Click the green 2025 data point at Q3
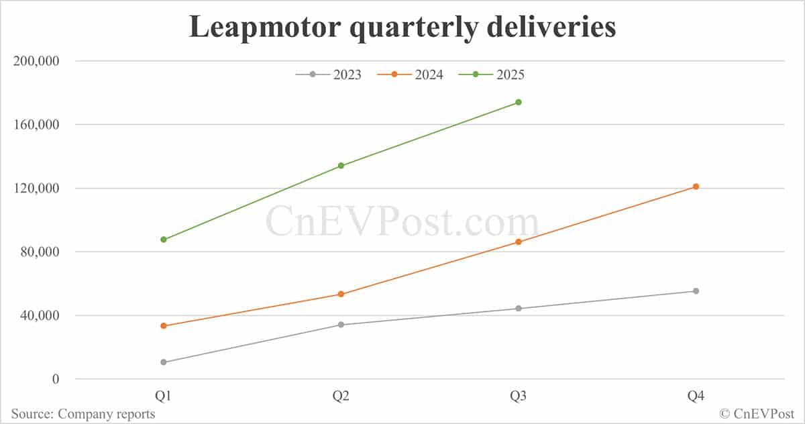coord(519,102)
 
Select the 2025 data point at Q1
coord(164,240)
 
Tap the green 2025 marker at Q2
coord(341,166)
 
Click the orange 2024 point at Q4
coord(696,187)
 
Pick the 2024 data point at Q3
coord(519,242)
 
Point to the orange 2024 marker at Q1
coord(164,326)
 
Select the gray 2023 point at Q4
coord(696,291)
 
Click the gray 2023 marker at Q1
coord(164,362)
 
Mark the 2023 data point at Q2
coord(341,325)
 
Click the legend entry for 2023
coord(329,74)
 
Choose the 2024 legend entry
coord(410,74)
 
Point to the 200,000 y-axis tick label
coord(38,61)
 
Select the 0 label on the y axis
coord(55,379)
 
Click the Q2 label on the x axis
coord(341,396)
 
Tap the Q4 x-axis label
coord(696,396)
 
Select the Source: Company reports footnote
coord(83,414)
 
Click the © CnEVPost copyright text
coord(757,414)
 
